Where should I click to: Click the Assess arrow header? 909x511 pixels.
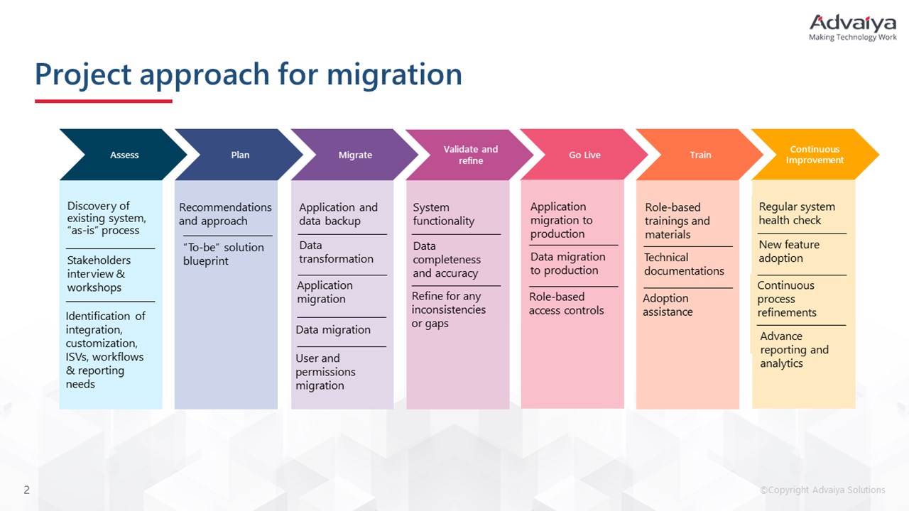[x=124, y=155]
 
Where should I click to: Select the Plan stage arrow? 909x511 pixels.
[x=239, y=155]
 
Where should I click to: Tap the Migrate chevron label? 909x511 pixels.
[x=355, y=155]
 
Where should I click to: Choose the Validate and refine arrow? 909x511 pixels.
[x=470, y=155]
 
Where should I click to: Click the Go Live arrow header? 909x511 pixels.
[x=584, y=155]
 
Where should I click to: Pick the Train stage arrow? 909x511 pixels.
[x=700, y=155]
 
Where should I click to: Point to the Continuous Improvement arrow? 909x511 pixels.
[x=815, y=155]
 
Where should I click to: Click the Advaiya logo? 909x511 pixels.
[x=853, y=28]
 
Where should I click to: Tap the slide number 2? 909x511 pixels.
[x=27, y=490]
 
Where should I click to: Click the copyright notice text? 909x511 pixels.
[x=822, y=490]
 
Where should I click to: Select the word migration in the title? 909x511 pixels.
[x=394, y=75]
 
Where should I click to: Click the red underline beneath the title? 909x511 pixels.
[x=104, y=101]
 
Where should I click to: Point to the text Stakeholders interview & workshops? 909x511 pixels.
[x=99, y=274]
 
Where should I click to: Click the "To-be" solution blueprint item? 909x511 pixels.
[x=224, y=254]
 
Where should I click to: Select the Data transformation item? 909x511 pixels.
[x=336, y=252]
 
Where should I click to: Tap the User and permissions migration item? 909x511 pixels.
[x=325, y=372]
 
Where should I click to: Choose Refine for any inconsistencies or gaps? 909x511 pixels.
[x=448, y=309]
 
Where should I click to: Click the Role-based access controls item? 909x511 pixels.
[x=566, y=303]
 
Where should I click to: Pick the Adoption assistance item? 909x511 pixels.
[x=668, y=305]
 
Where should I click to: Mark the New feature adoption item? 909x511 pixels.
[x=789, y=251]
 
